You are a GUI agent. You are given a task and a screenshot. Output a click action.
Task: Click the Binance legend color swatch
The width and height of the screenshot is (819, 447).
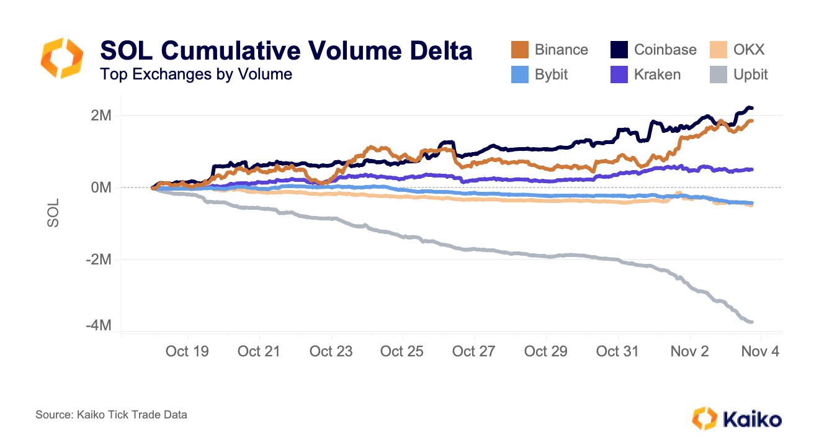pyautogui.click(x=519, y=50)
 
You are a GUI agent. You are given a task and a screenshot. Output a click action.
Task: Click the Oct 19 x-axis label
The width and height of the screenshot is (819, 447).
pyautogui.click(x=187, y=351)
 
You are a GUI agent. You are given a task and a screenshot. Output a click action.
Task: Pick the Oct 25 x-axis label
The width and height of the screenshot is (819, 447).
pyautogui.click(x=401, y=351)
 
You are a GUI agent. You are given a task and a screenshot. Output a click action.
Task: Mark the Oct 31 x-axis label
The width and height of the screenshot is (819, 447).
pyautogui.click(x=617, y=351)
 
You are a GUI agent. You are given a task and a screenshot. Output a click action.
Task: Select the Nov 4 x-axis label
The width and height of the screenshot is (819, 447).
pyautogui.click(x=760, y=351)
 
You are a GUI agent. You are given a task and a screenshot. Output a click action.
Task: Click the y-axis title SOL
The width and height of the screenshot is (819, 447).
pyautogui.click(x=54, y=212)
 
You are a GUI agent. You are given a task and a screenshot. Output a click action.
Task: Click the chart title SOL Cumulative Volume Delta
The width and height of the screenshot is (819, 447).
pyautogui.click(x=286, y=51)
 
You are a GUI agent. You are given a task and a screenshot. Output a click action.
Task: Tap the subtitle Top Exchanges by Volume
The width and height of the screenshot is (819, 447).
pyautogui.click(x=196, y=75)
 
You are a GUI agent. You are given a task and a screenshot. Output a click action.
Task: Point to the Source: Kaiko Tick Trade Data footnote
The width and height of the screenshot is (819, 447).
pyautogui.click(x=112, y=415)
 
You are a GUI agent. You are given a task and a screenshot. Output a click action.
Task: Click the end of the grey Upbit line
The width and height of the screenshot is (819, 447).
pyautogui.click(x=752, y=322)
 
